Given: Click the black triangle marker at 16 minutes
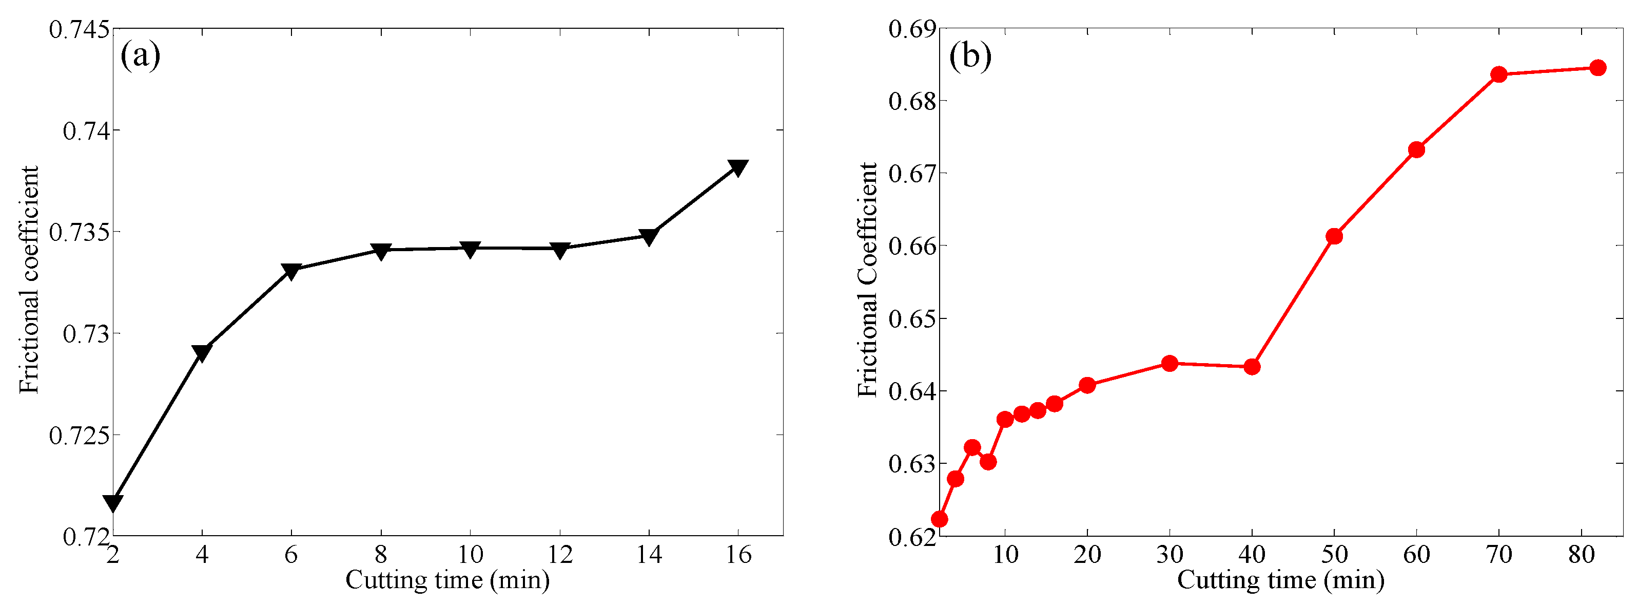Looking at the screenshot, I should pos(738,168).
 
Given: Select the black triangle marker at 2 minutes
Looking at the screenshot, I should pos(113,503).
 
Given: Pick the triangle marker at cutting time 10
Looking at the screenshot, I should pos(470,249).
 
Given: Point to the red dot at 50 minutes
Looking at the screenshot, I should pos(1334,236).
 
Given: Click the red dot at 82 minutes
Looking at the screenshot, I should pos(1597,68).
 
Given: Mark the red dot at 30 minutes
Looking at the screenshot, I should pos(1170,364).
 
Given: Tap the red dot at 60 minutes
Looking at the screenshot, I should pos(1416,150).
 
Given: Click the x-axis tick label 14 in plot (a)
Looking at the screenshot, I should pos(649,555).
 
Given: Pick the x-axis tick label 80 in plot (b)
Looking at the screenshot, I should pos(1581,555).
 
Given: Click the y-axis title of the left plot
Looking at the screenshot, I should pos(29,280).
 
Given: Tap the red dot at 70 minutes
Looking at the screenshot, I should pos(1499,74).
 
